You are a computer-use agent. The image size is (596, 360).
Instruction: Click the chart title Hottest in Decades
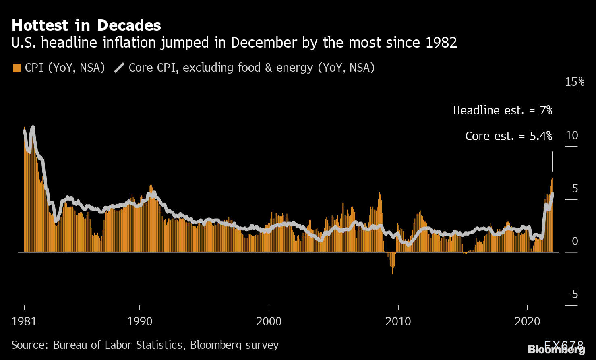(86, 25)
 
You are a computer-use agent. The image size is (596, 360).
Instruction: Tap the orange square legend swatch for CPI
(17, 68)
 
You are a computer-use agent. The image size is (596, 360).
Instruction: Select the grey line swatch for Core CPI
(120, 68)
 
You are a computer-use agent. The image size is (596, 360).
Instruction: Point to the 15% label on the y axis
(575, 82)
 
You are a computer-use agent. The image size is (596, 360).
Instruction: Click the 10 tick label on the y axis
(572, 135)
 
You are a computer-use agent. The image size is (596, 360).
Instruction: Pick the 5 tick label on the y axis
(575, 188)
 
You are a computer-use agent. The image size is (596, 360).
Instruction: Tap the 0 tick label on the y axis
(575, 241)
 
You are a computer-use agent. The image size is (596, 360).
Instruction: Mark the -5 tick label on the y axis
(572, 294)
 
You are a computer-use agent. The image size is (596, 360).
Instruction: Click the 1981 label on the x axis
(24, 321)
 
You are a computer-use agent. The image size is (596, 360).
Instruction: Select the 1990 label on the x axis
(140, 321)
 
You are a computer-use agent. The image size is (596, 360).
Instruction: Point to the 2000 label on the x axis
(269, 321)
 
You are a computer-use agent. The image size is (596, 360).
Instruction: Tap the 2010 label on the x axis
(398, 321)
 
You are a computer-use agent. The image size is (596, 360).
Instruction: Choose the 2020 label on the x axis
(528, 321)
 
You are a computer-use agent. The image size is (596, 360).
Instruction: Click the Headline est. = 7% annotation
(503, 110)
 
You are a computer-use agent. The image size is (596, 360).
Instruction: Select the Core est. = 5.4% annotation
(509, 136)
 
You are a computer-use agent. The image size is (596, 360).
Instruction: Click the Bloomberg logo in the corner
(556, 349)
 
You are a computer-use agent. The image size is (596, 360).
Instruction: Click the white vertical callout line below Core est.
(553, 161)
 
